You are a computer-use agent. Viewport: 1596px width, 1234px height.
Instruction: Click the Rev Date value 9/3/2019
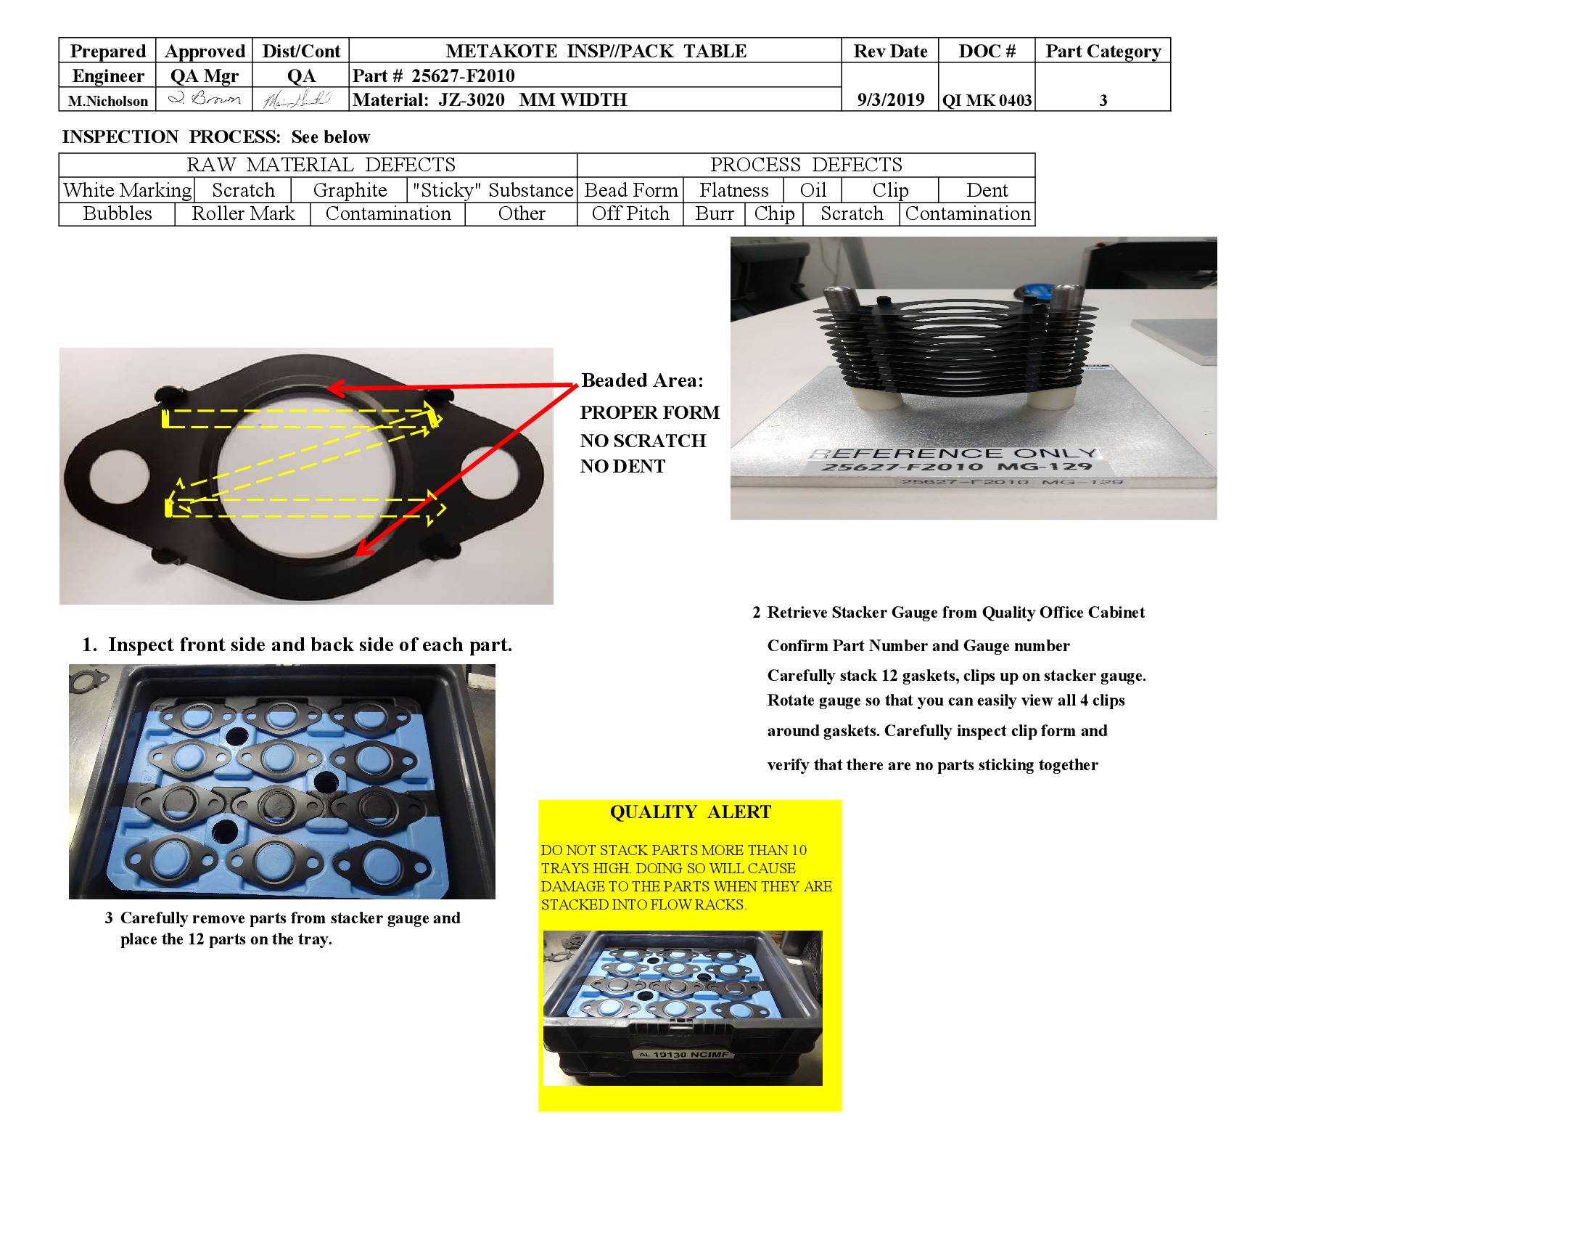point(890,100)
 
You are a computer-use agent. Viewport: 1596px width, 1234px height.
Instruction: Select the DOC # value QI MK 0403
point(987,101)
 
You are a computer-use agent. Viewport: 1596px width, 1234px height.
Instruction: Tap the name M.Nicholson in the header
point(107,102)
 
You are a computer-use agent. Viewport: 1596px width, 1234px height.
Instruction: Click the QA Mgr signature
point(204,99)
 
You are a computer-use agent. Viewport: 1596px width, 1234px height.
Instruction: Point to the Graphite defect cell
point(350,190)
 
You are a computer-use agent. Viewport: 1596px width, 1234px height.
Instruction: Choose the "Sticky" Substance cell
point(492,190)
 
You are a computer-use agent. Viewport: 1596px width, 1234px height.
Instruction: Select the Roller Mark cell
point(242,214)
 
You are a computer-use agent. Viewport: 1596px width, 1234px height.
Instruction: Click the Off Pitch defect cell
point(630,214)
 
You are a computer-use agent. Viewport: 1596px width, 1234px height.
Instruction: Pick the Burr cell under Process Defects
point(714,214)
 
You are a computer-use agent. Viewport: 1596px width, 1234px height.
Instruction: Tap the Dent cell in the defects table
point(987,190)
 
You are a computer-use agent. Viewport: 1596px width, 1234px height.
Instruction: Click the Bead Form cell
point(630,190)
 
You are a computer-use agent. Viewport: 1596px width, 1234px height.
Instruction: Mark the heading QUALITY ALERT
point(690,812)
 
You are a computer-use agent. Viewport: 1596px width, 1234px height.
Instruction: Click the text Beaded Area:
point(641,380)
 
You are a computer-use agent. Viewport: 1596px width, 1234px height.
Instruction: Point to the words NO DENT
point(622,467)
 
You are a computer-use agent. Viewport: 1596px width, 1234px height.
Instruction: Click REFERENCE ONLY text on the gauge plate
point(954,453)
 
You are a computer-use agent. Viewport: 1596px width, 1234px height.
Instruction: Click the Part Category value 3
point(1103,101)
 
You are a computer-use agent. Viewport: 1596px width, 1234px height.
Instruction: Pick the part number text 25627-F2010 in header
point(463,76)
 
